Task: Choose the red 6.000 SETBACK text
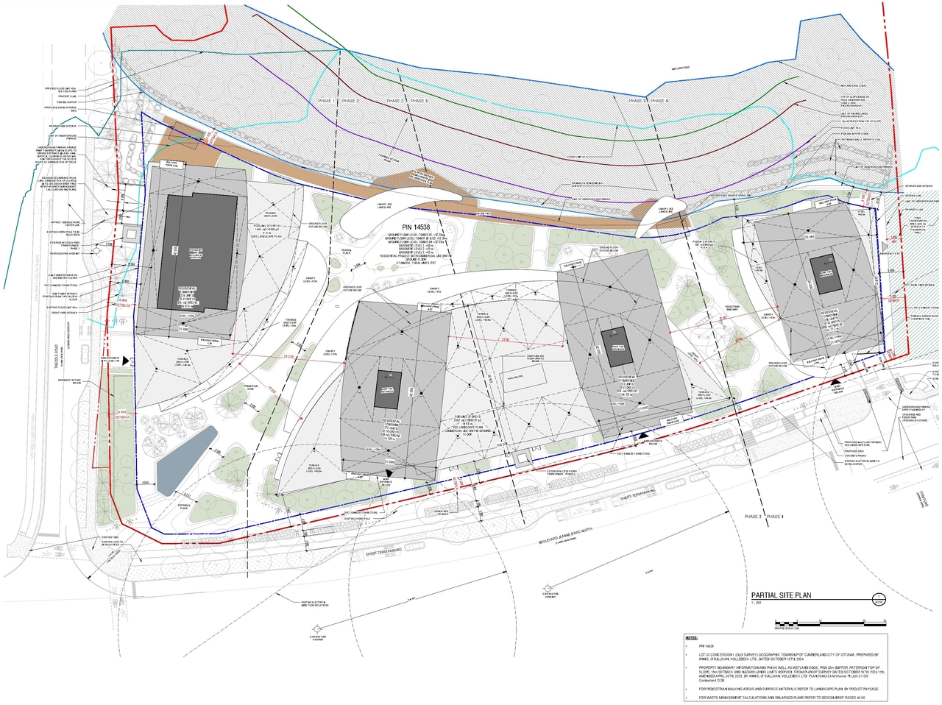pyautogui.click(x=122, y=414)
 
